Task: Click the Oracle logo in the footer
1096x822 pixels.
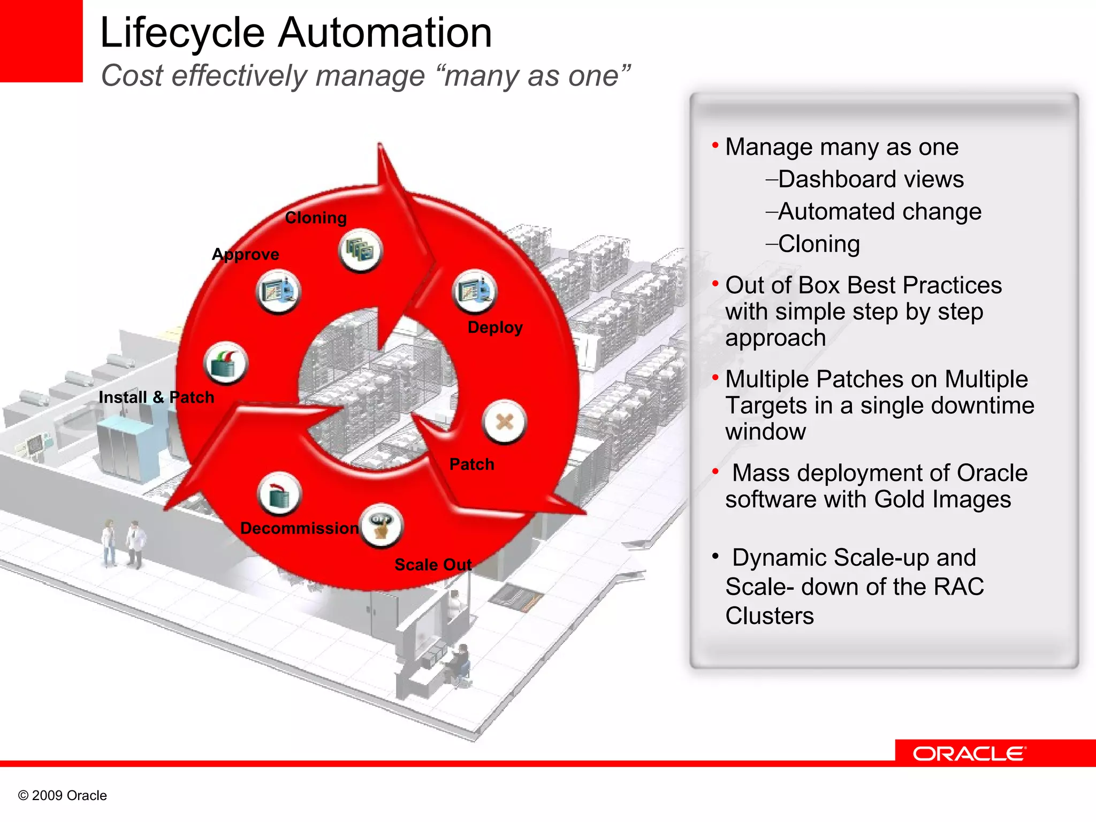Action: coord(969,753)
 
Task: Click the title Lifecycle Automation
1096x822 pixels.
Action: coord(295,33)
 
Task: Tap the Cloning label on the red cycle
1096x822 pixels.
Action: coord(316,218)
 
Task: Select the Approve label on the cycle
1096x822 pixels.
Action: coord(246,254)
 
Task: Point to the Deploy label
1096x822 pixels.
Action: coord(495,327)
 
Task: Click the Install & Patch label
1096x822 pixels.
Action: coord(156,397)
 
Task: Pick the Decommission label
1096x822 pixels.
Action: coord(299,528)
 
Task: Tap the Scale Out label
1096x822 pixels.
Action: coord(433,565)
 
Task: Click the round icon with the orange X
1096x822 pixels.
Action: coord(505,422)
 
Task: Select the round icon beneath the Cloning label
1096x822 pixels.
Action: coord(361,250)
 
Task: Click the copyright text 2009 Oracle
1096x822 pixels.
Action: coord(63,795)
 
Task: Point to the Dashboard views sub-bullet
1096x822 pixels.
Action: coord(870,179)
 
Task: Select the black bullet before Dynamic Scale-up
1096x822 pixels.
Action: coord(715,557)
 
